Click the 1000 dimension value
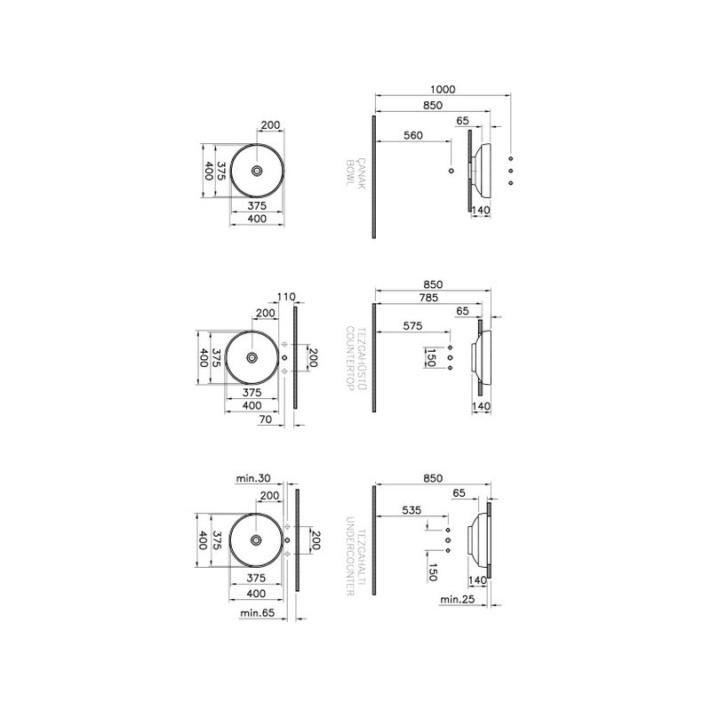[x=443, y=90]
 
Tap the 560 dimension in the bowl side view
[x=413, y=135]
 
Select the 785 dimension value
[x=428, y=298]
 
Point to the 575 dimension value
[x=412, y=325]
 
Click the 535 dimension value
[x=411, y=510]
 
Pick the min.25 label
[x=457, y=599]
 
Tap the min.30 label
[x=253, y=478]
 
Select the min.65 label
[x=258, y=612]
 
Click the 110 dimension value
[x=286, y=297]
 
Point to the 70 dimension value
[x=266, y=419]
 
